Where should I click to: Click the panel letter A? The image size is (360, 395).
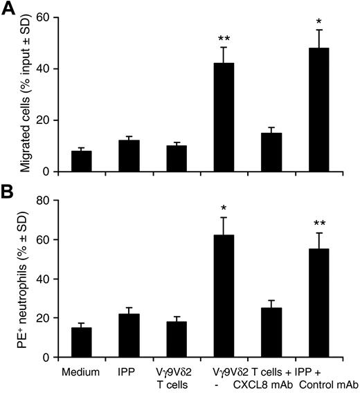click(10, 9)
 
